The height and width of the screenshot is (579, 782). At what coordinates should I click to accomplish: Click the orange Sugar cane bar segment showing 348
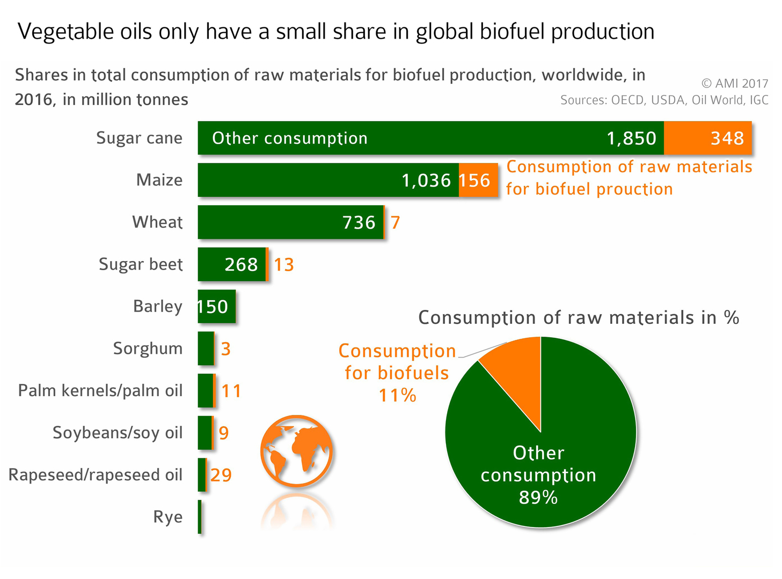click(x=707, y=138)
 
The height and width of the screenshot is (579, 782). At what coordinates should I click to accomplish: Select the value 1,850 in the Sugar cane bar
click(x=631, y=138)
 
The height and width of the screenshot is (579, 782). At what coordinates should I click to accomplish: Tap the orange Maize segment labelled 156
click(x=478, y=180)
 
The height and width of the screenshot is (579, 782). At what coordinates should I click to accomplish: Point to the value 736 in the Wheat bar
click(x=359, y=222)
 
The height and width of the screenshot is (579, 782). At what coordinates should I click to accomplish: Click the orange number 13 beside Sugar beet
click(x=284, y=265)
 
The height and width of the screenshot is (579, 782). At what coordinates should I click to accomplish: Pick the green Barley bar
click(x=216, y=307)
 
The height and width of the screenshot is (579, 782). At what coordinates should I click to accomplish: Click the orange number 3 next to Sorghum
click(x=225, y=349)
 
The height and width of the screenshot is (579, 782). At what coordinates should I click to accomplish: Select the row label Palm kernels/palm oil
click(x=100, y=391)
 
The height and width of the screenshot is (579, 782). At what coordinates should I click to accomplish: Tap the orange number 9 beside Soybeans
click(x=223, y=433)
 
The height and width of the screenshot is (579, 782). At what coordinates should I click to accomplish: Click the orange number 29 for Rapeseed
click(x=221, y=475)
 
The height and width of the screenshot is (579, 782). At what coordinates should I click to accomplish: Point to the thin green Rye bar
click(x=200, y=517)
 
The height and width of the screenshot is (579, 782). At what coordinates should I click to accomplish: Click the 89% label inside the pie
click(x=538, y=498)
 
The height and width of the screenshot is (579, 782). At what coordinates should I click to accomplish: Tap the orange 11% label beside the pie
click(x=397, y=395)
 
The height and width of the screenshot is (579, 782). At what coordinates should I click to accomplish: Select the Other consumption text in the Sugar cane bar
click(x=289, y=138)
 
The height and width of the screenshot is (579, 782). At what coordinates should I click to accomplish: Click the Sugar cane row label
click(x=139, y=138)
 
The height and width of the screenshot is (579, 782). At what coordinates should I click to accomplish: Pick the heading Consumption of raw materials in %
click(x=579, y=318)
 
